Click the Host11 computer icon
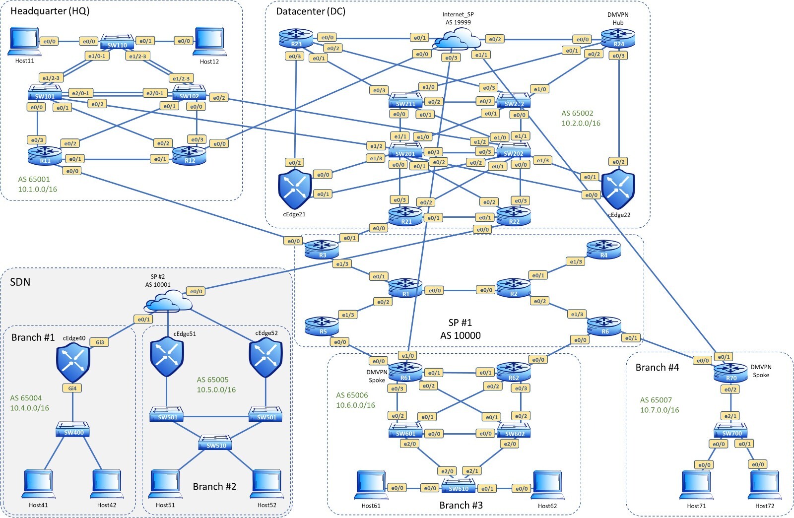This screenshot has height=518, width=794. (x=23, y=42)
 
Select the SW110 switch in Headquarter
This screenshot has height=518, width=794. (x=117, y=42)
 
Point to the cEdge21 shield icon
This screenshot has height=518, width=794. (x=295, y=189)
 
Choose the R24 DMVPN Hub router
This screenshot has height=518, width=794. (x=618, y=38)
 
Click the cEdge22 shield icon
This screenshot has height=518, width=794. (x=618, y=189)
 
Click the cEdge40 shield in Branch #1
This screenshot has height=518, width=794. (x=73, y=364)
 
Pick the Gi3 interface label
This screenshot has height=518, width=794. (x=100, y=342)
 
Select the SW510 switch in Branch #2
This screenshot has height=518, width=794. (x=216, y=442)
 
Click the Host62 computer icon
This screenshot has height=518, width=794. (x=547, y=485)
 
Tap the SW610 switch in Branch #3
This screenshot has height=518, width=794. (x=459, y=485)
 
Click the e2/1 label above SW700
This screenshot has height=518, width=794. (x=730, y=416)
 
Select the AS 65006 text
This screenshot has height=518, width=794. (x=352, y=395)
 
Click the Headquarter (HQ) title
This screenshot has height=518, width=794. (x=50, y=11)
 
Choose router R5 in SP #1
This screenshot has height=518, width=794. (x=323, y=326)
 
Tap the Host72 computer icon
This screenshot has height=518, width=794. (x=764, y=485)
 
